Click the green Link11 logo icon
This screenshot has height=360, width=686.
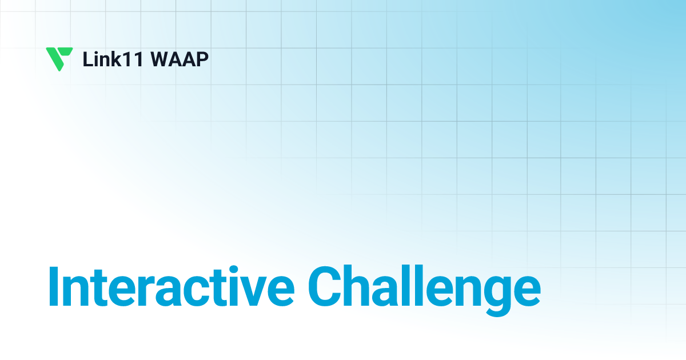(x=59, y=59)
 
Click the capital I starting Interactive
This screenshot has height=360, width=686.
(x=54, y=285)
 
